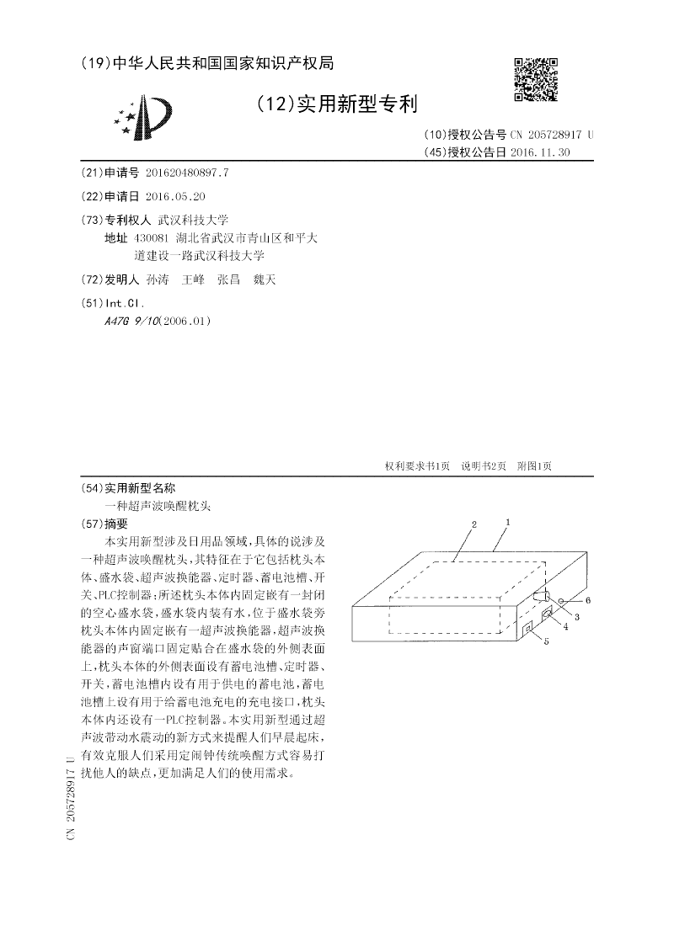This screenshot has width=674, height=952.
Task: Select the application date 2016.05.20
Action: click(x=175, y=195)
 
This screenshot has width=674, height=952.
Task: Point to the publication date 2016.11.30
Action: click(x=540, y=152)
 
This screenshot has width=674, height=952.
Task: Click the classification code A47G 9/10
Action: click(x=130, y=322)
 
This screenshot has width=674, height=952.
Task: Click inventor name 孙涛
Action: click(x=158, y=280)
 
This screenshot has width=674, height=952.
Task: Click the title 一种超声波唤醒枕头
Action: click(x=158, y=506)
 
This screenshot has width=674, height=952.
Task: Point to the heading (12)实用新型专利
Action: click(x=336, y=104)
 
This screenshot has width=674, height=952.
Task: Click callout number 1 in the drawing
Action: click(x=508, y=522)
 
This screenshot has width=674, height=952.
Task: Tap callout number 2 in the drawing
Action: click(x=474, y=524)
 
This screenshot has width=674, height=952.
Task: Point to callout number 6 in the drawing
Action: click(x=589, y=599)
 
